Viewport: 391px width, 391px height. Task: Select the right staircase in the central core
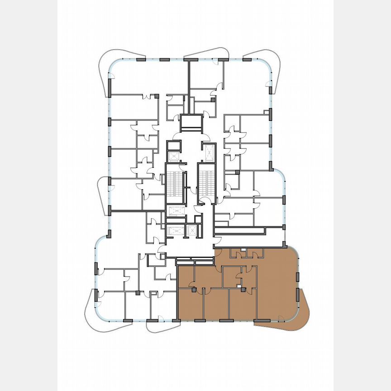click(x=206, y=181)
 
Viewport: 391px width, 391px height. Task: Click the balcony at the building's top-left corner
click(x=103, y=75)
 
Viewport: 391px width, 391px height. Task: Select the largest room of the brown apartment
click(x=276, y=285)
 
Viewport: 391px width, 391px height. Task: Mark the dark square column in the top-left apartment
click(x=157, y=96)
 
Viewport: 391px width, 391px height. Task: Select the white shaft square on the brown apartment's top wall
click(x=243, y=249)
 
